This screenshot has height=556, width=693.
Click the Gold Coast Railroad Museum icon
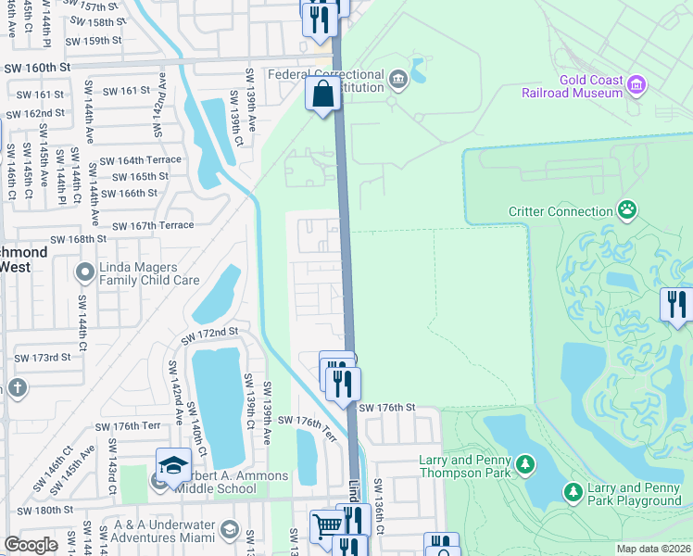point(636,85)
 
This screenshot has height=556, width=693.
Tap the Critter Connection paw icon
point(628,210)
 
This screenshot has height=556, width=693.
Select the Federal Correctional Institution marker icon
point(399,80)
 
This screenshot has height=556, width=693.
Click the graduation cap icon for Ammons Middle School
point(172,466)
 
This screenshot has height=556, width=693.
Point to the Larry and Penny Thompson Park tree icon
point(525,463)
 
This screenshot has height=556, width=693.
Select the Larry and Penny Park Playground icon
point(573,491)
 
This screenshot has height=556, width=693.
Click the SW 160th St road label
point(37,68)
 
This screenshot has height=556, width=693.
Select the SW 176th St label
point(386,408)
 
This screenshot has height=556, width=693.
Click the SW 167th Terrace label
point(153,225)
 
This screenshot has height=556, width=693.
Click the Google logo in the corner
point(31,544)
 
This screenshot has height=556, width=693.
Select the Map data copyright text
point(654,549)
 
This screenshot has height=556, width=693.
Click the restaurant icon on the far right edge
point(677,305)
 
